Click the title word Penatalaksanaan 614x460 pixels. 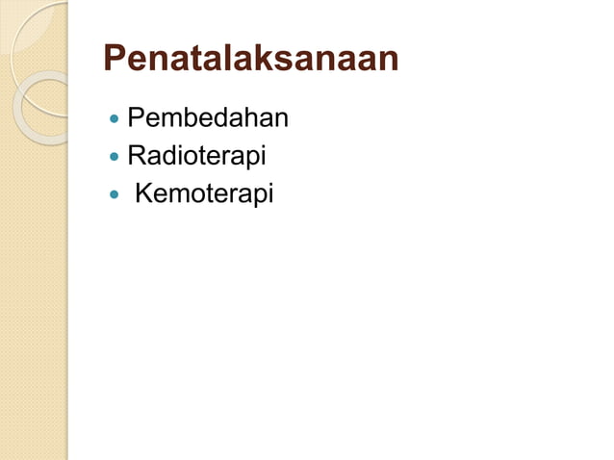[250, 59]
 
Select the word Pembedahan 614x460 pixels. [208, 119]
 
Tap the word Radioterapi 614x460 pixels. [196, 155]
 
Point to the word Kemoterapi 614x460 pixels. [204, 193]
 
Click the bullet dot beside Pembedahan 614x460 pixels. [115, 121]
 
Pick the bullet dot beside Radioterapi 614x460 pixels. [115, 157]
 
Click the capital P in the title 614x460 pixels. [115, 59]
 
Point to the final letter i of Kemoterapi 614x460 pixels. [270, 193]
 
